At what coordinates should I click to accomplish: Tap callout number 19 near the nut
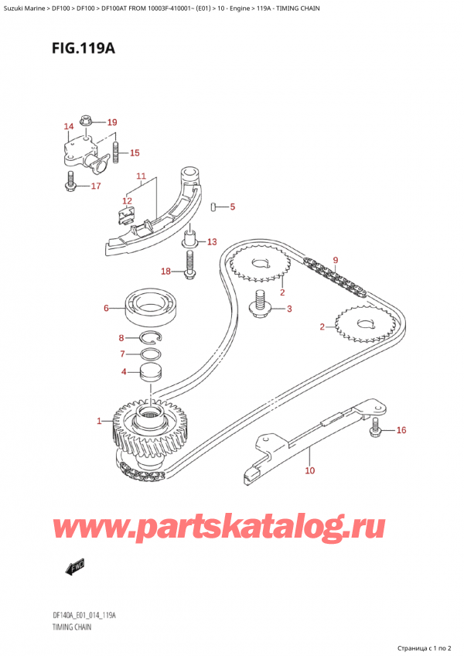click(111, 122)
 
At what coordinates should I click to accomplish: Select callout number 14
click(69, 127)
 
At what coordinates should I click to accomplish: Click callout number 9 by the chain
click(336, 260)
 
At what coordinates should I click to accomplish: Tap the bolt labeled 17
click(71, 185)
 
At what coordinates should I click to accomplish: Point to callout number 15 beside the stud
click(135, 152)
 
